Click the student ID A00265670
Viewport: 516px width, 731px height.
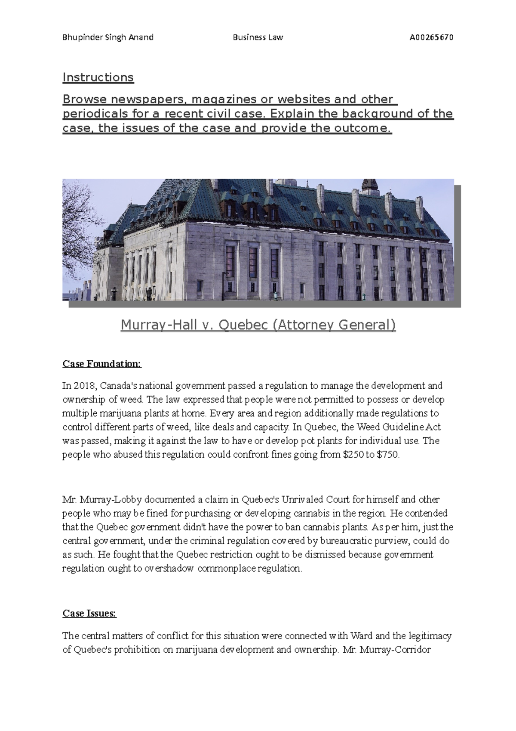431,37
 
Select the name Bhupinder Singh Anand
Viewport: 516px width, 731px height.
108,37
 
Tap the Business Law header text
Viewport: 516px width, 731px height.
258,37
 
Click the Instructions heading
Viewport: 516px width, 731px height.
98,77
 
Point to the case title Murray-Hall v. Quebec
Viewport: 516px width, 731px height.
258,325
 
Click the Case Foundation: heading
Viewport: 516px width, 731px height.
101,364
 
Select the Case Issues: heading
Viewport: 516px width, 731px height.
89,613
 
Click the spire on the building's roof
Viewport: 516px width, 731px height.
369,185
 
